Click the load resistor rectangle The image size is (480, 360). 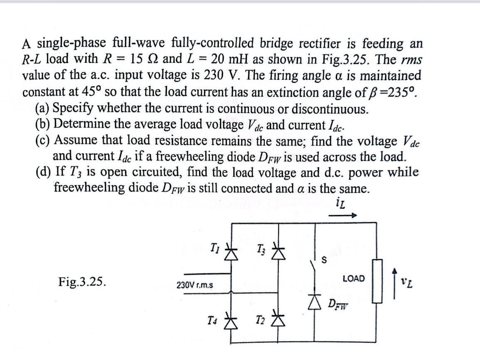(x=377, y=286)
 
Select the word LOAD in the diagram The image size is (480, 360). (x=354, y=278)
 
